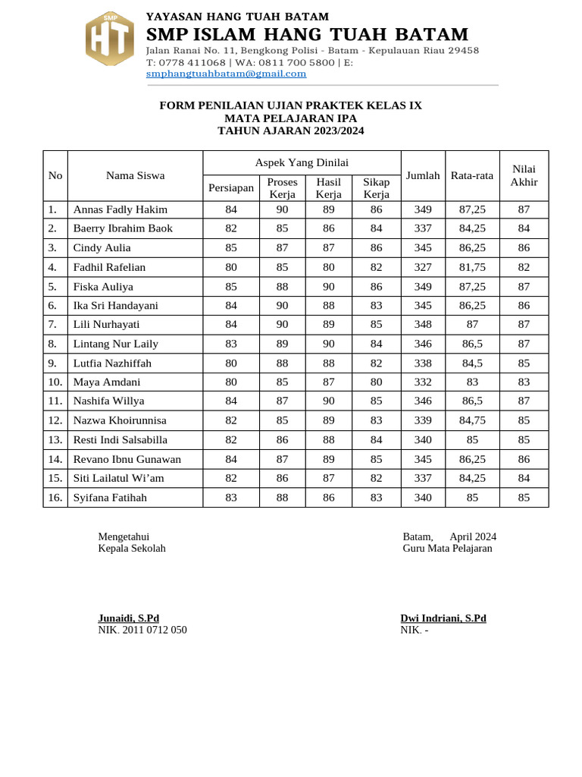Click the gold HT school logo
tap(109, 39)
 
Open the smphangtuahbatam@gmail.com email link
tap(226, 74)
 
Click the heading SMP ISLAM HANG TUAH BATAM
tap(307, 35)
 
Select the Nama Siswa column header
tap(135, 175)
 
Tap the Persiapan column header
tap(230, 187)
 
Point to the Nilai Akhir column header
tap(524, 175)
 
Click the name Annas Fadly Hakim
tap(120, 209)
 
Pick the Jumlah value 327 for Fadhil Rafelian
tap(423, 267)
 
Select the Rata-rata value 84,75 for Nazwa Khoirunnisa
tap(472, 420)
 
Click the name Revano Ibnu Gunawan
tap(127, 459)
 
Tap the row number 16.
tap(55, 498)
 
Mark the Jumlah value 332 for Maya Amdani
tap(423, 382)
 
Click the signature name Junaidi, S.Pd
tap(128, 618)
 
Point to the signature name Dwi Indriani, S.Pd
tap(443, 618)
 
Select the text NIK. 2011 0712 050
tap(142, 630)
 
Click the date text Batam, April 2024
tap(449, 536)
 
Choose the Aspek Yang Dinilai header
tap(302, 162)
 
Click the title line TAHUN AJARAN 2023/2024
tap(290, 131)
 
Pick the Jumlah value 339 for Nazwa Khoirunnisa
tap(423, 420)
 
